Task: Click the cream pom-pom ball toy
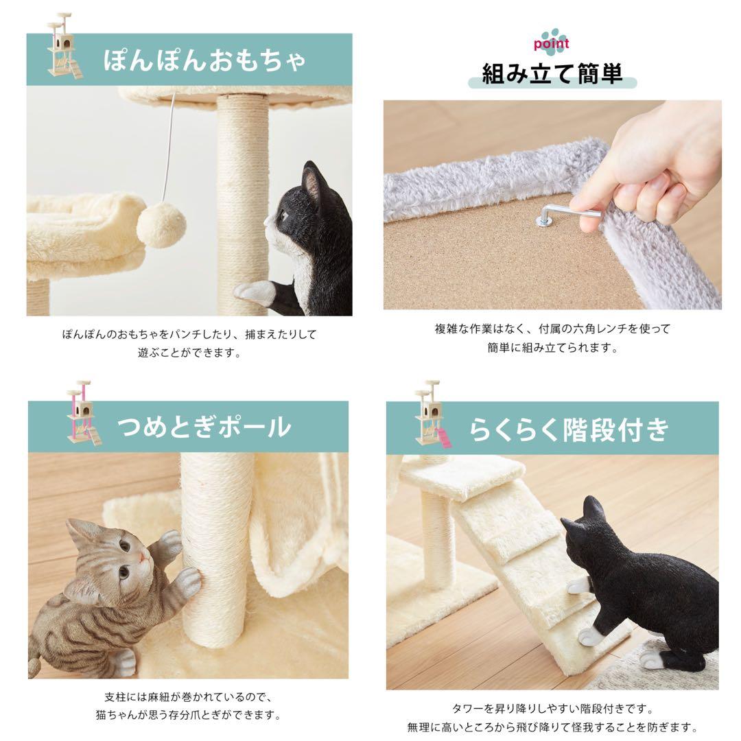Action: (x=161, y=226)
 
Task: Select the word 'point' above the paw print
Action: (x=551, y=44)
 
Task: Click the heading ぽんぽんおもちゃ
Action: (x=204, y=60)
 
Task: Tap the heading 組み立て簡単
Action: (x=552, y=73)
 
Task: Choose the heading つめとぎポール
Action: (x=204, y=427)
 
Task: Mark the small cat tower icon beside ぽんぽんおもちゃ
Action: (x=64, y=45)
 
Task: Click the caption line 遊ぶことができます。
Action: (x=189, y=353)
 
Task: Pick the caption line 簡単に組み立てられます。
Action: (x=552, y=348)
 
